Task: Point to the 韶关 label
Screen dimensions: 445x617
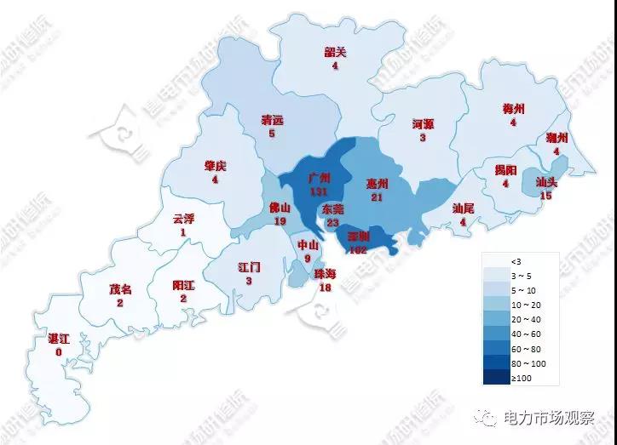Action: pos(336,53)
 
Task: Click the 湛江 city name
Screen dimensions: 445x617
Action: pos(59,340)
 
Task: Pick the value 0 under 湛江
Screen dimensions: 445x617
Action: pos(59,352)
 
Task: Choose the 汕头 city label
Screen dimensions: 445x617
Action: pos(547,183)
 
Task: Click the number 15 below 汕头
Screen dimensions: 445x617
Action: pos(547,196)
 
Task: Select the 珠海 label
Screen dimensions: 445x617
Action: pos(325,274)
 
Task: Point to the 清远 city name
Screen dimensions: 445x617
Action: pos(272,121)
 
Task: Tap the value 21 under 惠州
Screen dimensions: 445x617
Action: pos(377,197)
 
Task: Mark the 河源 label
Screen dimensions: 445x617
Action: pos(423,124)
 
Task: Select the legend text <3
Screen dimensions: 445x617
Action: pos(516,260)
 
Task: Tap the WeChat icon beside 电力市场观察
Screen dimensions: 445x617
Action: pos(489,419)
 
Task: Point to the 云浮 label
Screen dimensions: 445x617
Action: pos(183,219)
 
